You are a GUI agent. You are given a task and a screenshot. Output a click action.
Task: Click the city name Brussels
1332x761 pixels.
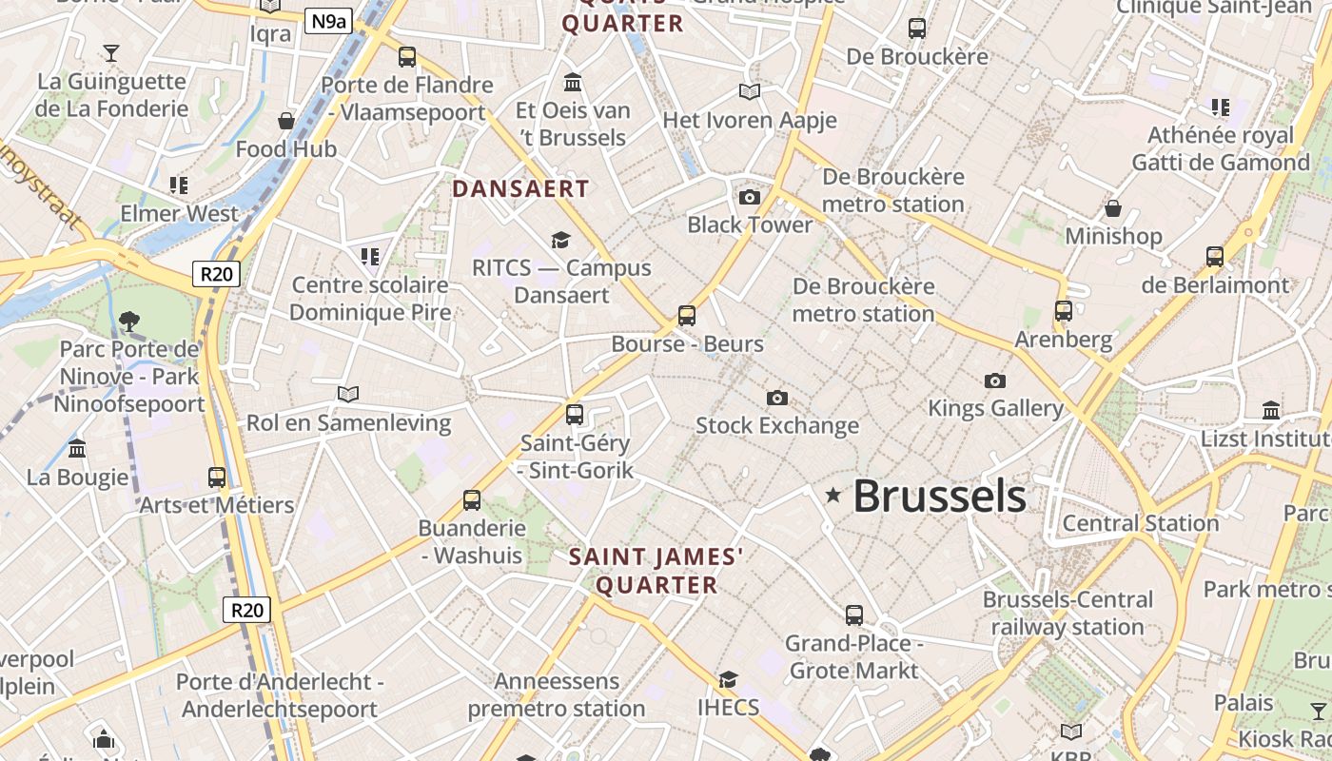(939, 497)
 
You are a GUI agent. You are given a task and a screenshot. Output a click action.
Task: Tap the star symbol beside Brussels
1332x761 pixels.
(833, 495)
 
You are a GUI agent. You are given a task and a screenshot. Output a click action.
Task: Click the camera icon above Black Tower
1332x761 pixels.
(750, 197)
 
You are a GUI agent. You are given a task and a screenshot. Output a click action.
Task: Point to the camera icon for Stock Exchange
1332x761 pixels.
(777, 398)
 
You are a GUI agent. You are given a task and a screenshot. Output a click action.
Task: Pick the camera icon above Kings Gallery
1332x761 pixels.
(995, 380)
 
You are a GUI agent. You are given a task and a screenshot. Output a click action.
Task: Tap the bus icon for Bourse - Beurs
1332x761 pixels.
(687, 316)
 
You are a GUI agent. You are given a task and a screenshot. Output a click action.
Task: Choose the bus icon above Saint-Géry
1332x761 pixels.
(575, 415)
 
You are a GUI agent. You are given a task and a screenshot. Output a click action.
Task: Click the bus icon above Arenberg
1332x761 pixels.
(1064, 311)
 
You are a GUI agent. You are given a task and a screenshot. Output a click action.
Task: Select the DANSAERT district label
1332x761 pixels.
(520, 188)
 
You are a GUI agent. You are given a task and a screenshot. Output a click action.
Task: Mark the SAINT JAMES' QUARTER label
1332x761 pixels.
(656, 571)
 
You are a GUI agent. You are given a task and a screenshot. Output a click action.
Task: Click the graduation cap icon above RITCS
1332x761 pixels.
(561, 240)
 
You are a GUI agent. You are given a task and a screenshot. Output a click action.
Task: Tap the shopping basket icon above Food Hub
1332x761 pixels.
(286, 121)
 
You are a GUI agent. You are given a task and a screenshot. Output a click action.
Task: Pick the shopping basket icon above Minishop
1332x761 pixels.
(1113, 207)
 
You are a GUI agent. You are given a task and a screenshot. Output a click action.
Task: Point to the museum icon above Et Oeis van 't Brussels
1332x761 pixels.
(573, 82)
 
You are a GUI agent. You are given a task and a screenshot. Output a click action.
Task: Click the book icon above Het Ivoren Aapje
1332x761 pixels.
(750, 91)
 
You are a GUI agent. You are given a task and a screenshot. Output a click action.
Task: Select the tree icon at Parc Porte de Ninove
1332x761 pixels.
(129, 322)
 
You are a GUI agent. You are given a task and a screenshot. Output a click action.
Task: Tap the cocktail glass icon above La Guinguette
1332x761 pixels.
(112, 52)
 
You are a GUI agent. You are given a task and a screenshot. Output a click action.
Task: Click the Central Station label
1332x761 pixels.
(1140, 523)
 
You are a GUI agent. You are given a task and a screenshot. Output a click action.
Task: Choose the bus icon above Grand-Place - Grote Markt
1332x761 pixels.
(854, 615)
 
